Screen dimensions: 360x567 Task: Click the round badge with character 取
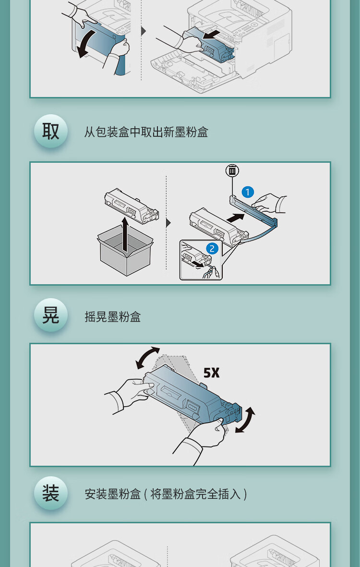pyautogui.click(x=50, y=131)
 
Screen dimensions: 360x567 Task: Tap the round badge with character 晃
pyautogui.click(x=50, y=315)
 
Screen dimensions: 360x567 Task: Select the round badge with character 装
pyautogui.click(x=50, y=493)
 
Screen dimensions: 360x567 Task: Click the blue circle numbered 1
pyautogui.click(x=248, y=192)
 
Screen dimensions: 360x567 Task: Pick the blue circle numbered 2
pyautogui.click(x=212, y=249)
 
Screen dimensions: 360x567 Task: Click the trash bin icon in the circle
pyautogui.click(x=232, y=171)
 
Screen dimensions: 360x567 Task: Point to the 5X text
pyautogui.click(x=211, y=373)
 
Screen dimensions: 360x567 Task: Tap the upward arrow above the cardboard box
pyautogui.click(x=125, y=234)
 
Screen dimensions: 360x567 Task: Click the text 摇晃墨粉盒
pyautogui.click(x=112, y=317)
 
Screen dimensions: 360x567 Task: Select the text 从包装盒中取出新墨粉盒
pyautogui.click(x=146, y=132)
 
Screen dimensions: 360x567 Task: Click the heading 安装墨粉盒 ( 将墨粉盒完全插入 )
pyautogui.click(x=166, y=494)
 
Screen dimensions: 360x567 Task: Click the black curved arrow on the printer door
pyautogui.click(x=86, y=44)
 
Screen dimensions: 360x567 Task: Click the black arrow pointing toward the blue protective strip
pyautogui.click(x=235, y=217)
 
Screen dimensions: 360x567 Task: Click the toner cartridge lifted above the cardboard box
pyautogui.click(x=132, y=206)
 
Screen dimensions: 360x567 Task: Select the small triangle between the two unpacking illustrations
pyautogui.click(x=168, y=223)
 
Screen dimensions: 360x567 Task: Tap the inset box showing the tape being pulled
pyautogui.click(x=201, y=260)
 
